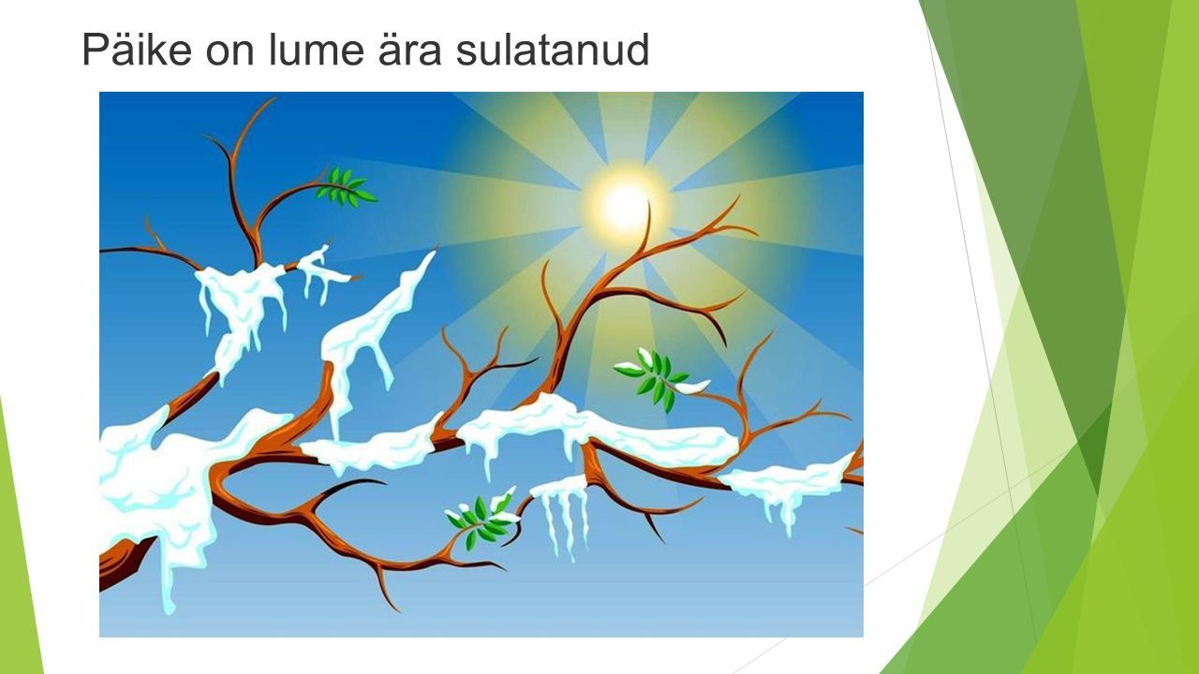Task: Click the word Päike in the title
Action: pos(137,50)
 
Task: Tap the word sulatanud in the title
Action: pos(553,50)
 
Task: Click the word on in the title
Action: pos(229,52)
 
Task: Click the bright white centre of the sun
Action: pos(625,206)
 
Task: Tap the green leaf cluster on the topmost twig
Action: pos(346,186)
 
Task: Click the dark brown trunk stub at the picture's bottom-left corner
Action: pos(122,564)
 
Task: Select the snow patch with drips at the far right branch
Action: pos(787,484)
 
